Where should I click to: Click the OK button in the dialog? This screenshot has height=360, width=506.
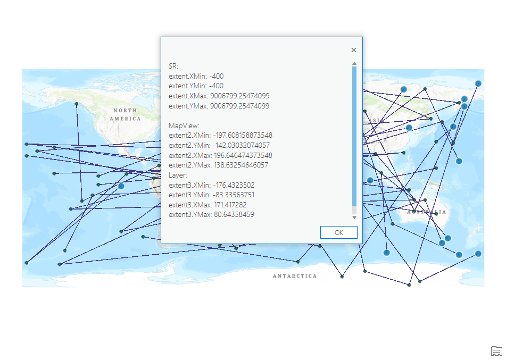pyautogui.click(x=338, y=232)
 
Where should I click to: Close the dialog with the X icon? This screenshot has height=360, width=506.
pyautogui.click(x=354, y=50)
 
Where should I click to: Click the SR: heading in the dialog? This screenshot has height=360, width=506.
pyautogui.click(x=173, y=66)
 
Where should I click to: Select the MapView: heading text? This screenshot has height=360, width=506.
pyautogui.click(x=184, y=125)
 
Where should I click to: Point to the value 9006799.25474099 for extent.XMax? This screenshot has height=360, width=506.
pyautogui.click(x=239, y=96)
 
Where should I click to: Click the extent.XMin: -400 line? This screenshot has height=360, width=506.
pyautogui.click(x=196, y=76)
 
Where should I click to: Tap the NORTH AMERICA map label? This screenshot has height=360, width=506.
pyautogui.click(x=126, y=114)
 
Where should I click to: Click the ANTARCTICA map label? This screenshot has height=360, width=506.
pyautogui.click(x=295, y=276)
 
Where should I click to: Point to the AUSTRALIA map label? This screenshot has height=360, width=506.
pyautogui.click(x=427, y=212)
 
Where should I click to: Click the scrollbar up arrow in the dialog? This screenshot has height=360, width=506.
pyautogui.click(x=354, y=63)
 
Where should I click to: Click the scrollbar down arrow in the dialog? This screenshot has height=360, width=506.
pyautogui.click(x=354, y=217)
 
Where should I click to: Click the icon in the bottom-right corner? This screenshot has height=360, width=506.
pyautogui.click(x=496, y=350)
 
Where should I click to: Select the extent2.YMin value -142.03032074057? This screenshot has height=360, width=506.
pyautogui.click(x=241, y=145)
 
